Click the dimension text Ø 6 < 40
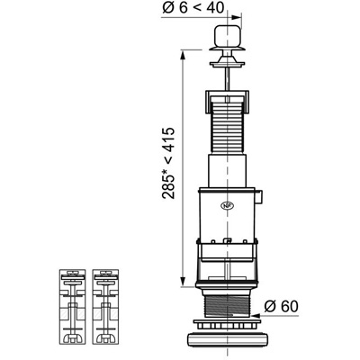(x=193, y=7)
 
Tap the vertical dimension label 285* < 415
(x=168, y=163)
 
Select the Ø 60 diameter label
(x=282, y=306)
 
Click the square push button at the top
(x=228, y=36)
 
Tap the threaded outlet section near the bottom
(x=228, y=306)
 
